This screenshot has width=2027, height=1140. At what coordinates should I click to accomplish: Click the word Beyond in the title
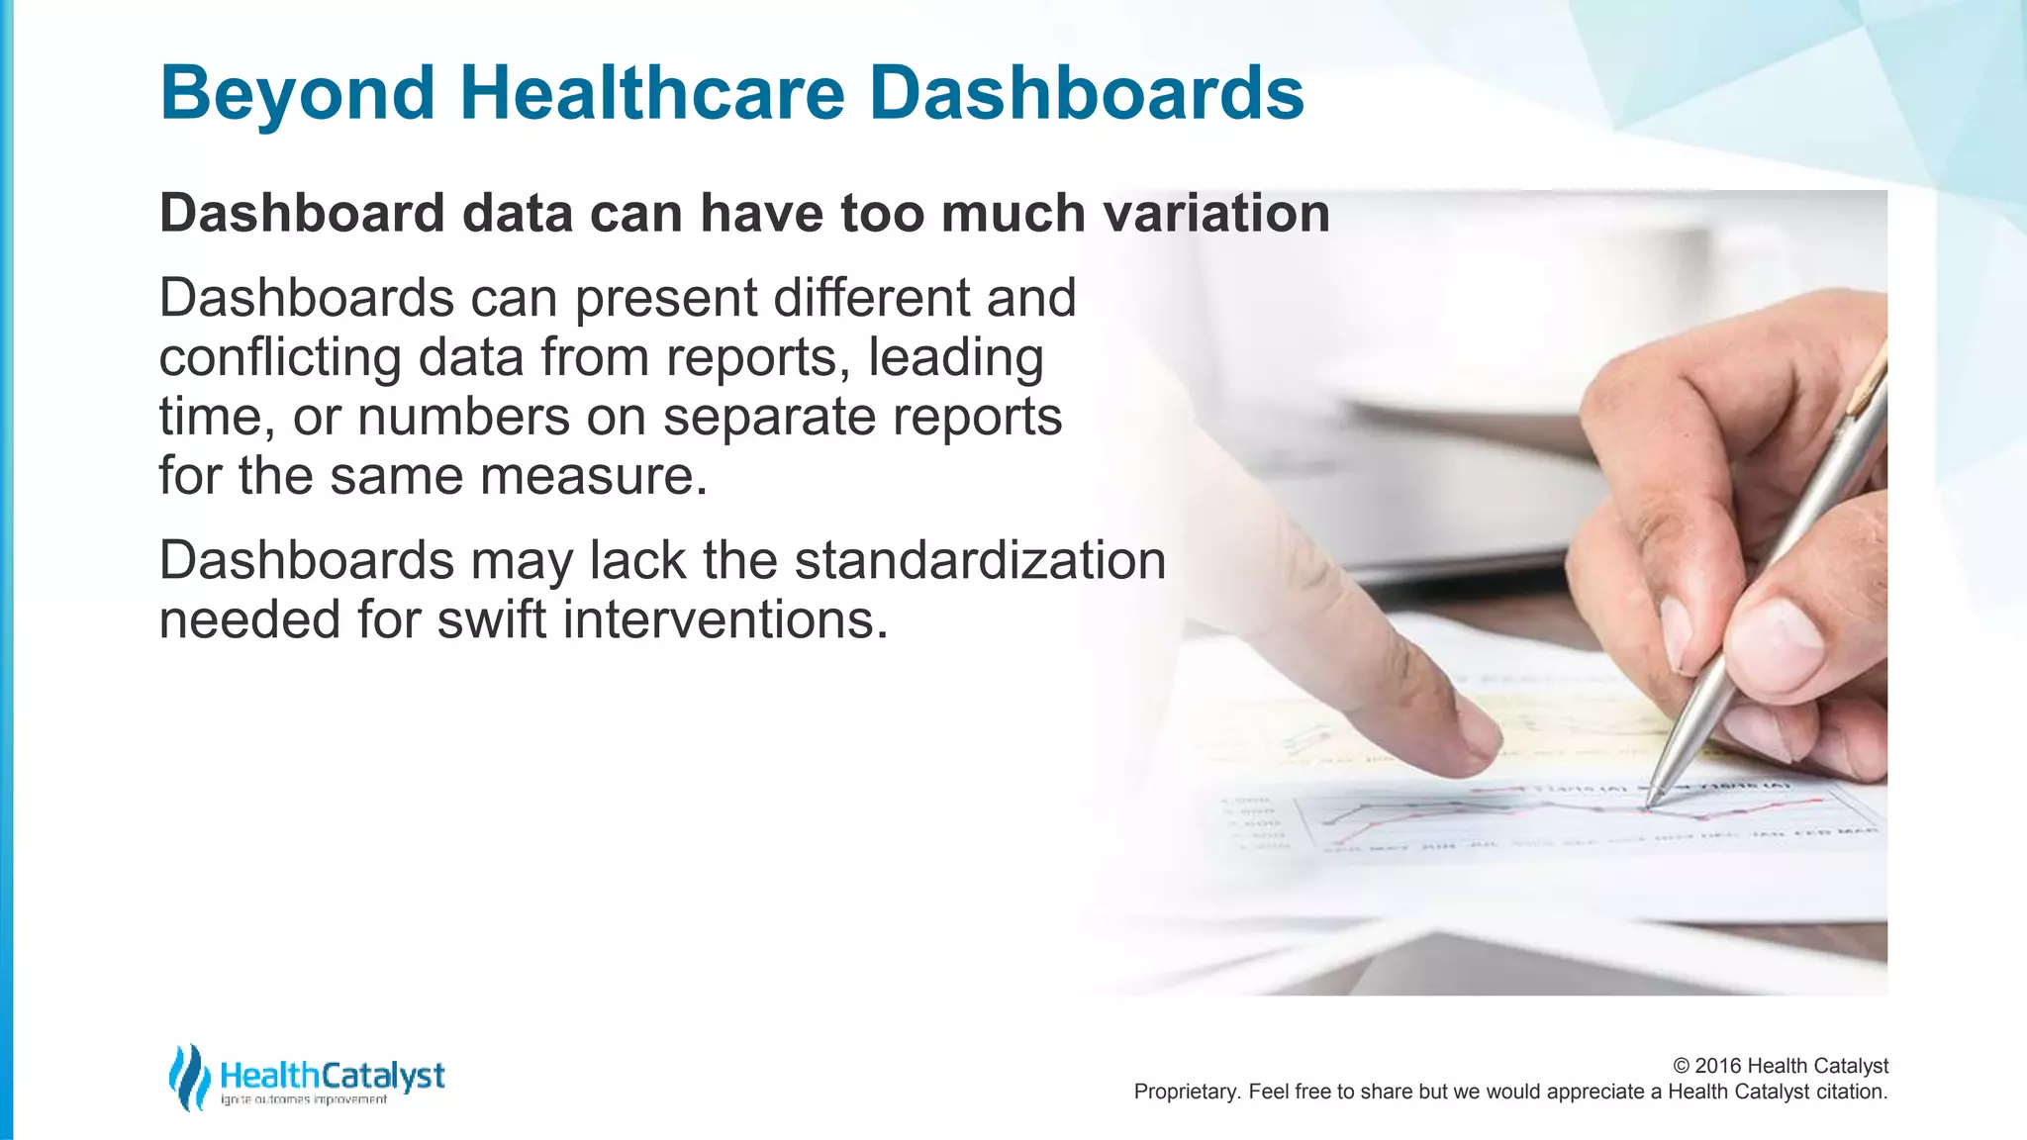tap(297, 94)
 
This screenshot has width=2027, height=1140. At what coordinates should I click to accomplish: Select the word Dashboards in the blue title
tap(1086, 94)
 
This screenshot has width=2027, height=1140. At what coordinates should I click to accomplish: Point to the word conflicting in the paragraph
tap(279, 358)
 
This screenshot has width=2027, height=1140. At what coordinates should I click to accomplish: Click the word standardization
tap(980, 561)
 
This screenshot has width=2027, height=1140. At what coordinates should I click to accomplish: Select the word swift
tap(492, 620)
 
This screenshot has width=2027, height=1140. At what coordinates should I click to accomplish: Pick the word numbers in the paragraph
tap(463, 418)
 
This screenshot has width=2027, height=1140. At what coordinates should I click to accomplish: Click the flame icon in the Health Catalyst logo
tap(188, 1077)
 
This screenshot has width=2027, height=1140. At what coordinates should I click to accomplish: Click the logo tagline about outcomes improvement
tap(304, 1100)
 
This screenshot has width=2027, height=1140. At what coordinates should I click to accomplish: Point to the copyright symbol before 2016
tap(1681, 1066)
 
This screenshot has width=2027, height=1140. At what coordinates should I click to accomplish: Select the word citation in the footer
tap(1851, 1092)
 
